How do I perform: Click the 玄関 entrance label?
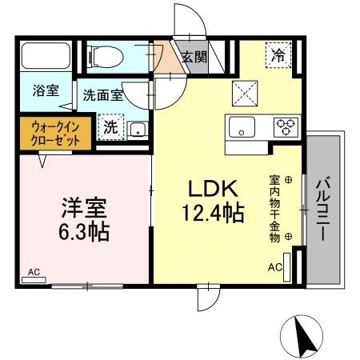(194, 57)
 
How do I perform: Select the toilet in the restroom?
(104, 56)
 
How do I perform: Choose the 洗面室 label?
(103, 95)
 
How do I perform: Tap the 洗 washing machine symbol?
(109, 126)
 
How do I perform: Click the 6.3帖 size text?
(82, 234)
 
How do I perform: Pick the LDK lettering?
(211, 189)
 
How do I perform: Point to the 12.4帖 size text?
(211, 214)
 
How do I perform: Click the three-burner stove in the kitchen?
(285, 126)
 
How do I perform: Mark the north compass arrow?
(303, 335)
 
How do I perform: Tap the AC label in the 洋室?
(34, 273)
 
